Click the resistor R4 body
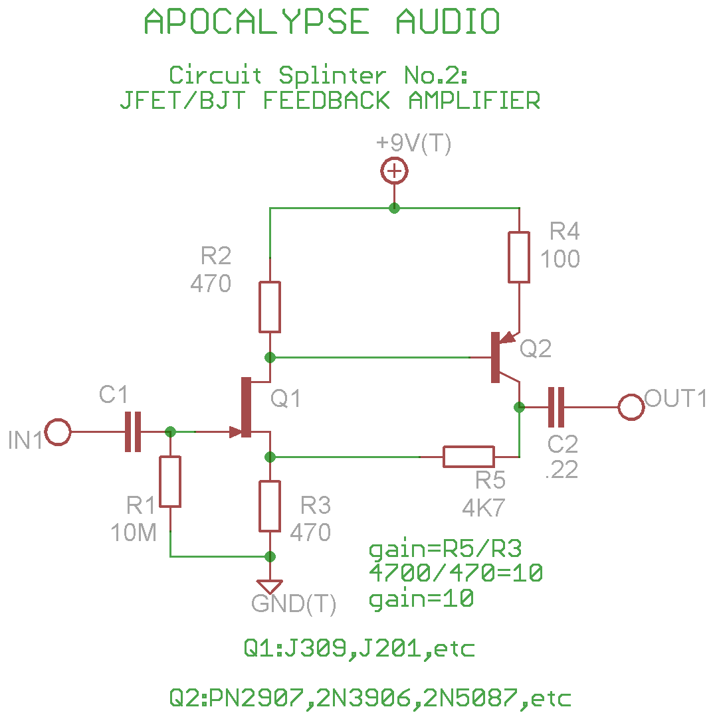click(x=519, y=257)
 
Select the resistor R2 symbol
click(x=270, y=306)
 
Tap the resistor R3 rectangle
click(x=270, y=506)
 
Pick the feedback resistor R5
click(x=469, y=457)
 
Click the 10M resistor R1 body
click(x=170, y=481)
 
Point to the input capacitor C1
click(x=133, y=432)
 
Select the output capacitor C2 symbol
click(x=556, y=406)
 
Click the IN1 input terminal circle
click(x=58, y=432)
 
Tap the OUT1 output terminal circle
click(x=631, y=406)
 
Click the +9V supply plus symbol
click(x=394, y=172)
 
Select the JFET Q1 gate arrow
click(x=234, y=432)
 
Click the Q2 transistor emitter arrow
click(x=508, y=337)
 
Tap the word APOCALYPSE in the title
click(x=256, y=23)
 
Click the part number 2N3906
click(x=363, y=698)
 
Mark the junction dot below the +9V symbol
click(x=394, y=208)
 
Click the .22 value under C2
click(x=562, y=469)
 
